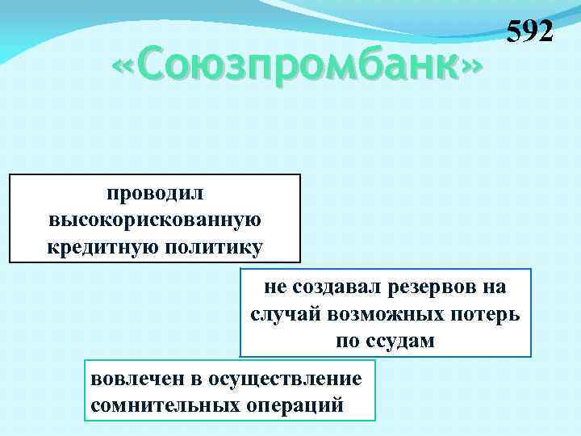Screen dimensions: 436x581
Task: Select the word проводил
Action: pyautogui.click(x=155, y=194)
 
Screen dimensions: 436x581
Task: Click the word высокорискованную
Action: pyautogui.click(x=155, y=220)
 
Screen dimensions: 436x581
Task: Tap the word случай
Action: pyautogui.click(x=285, y=314)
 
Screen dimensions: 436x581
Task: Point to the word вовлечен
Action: pyautogui.click(x=129, y=378)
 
